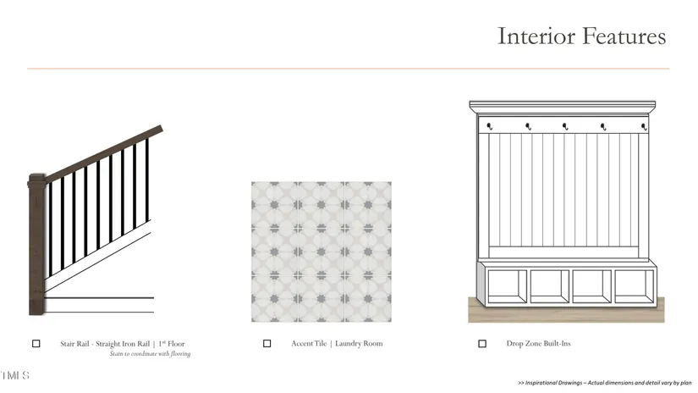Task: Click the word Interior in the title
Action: pos(536,36)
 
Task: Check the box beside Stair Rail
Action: pos(36,344)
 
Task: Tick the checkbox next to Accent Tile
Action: pos(267,344)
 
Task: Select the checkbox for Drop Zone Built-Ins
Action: pos(482,344)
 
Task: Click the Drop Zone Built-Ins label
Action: pos(538,344)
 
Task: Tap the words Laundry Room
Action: pos(359,344)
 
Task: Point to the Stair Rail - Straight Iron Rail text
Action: pos(105,344)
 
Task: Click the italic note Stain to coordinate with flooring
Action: pos(150,354)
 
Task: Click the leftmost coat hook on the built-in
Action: pos(490,126)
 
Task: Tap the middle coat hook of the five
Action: pos(565,126)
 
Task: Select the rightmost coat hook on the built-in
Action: pos(644,127)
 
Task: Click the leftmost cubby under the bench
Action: pos(507,286)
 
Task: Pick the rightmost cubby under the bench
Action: pos(635,286)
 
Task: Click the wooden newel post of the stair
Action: pos(36,245)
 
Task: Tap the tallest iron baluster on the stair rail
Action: pos(147,180)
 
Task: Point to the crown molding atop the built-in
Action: pos(563,108)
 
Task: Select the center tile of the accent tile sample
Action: pos(322,252)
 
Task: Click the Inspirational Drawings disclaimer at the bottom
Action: pos(605,383)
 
